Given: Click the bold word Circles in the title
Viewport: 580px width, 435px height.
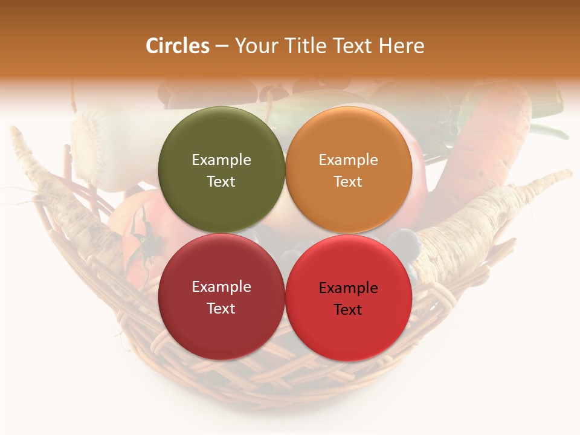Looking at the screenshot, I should coord(178,46).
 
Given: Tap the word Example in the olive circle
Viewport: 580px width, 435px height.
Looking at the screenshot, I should coord(221,160).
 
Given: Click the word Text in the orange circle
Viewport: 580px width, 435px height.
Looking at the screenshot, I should coord(348,182).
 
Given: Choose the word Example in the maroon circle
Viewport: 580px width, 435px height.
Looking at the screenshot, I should coord(221,287).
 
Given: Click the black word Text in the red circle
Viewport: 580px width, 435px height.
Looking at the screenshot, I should coord(348,310).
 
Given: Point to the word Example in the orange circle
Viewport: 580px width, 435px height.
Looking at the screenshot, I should coord(348,160).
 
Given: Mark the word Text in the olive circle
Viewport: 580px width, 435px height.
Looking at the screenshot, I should coord(221,182).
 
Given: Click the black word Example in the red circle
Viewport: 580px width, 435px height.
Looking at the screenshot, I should coord(348,288).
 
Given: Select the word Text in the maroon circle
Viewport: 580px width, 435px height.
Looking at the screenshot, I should coord(221,309).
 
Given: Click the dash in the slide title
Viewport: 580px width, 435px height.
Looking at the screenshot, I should coord(222,47).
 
